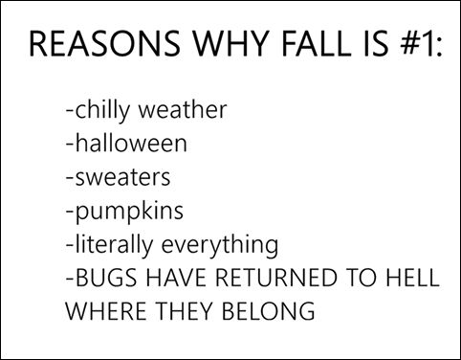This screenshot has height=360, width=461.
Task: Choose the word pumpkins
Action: (122, 213)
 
